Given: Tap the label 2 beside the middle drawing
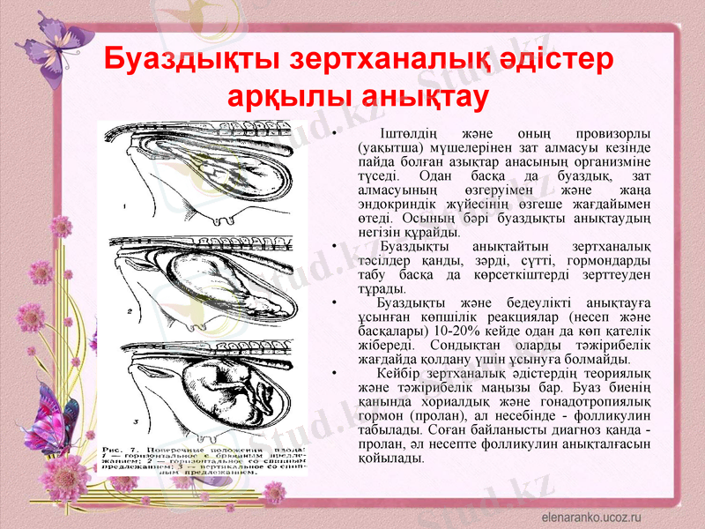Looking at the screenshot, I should click(x=129, y=310).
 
